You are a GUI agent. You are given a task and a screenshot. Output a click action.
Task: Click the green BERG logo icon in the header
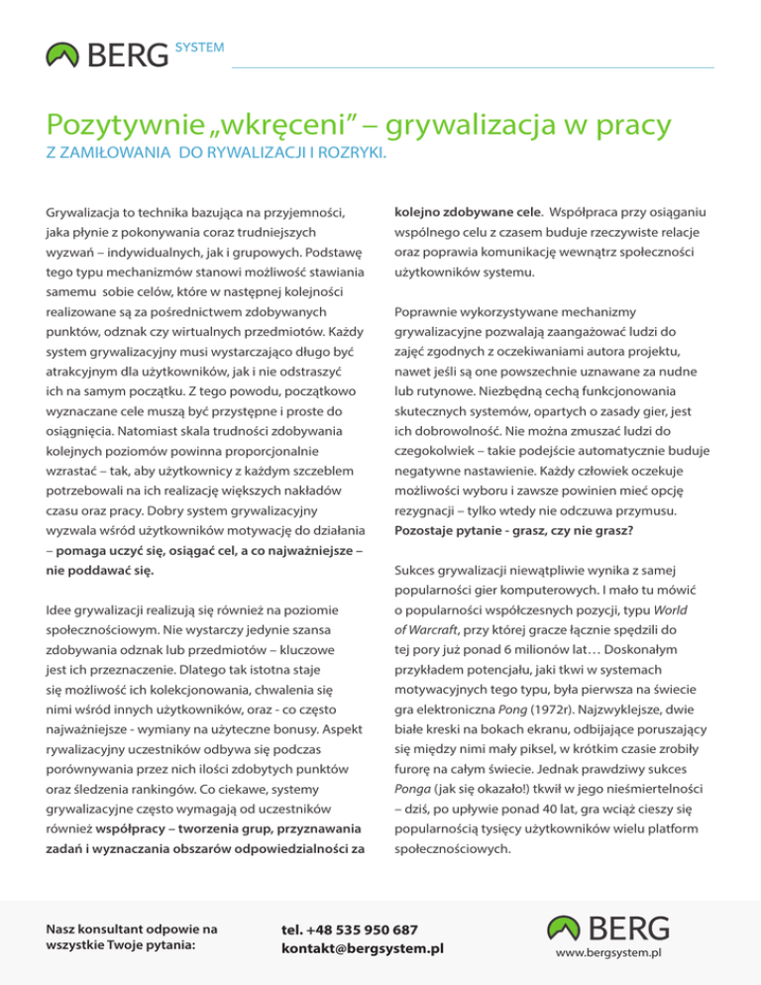[64, 55]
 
